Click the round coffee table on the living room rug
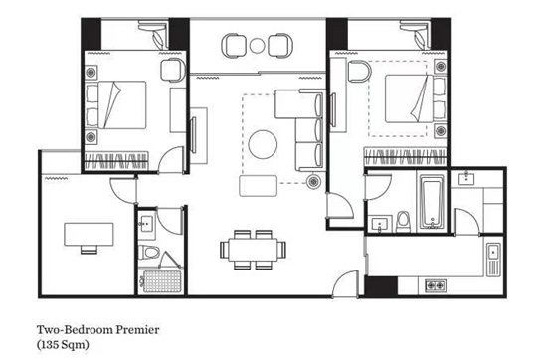pos(263,144)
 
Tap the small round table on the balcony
pos(258,45)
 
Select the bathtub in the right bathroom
pos(432,202)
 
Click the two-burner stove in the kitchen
pos(436,285)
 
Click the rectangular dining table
pos(253,250)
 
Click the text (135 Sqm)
pos(63,345)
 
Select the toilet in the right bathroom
pos(404,222)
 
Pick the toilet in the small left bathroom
pos(148,252)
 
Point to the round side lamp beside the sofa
pos(313,181)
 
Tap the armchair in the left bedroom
pos(172,70)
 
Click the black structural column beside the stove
pos(381,286)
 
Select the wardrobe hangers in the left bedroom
pos(116,161)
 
